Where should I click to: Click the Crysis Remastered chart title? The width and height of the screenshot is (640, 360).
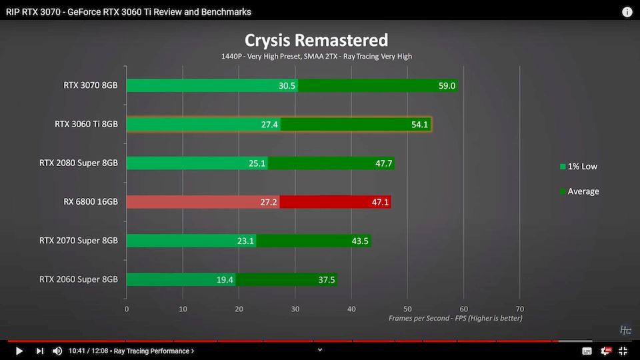tap(316, 41)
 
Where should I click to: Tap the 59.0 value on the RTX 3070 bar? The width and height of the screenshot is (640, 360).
tap(447, 85)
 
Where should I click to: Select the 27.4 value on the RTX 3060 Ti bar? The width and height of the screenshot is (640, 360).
tap(270, 124)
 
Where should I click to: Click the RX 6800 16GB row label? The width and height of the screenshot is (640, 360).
tap(87, 201)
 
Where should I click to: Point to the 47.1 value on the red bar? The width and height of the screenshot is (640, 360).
tap(380, 201)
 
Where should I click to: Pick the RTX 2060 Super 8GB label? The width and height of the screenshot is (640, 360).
tap(79, 279)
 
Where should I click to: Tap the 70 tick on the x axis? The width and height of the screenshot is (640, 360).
tap(520, 309)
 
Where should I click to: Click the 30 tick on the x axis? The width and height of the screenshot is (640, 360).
tap(295, 309)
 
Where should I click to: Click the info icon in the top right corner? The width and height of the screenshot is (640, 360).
tap(627, 12)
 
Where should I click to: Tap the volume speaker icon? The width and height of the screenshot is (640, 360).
tap(57, 351)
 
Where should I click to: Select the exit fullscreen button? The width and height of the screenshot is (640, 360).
tap(623, 351)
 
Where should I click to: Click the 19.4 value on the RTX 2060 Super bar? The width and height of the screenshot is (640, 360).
tap(225, 279)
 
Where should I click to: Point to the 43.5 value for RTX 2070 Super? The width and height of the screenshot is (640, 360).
tap(361, 240)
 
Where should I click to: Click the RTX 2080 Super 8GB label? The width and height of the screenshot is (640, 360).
tap(79, 163)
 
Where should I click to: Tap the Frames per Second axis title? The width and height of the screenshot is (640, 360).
tap(455, 319)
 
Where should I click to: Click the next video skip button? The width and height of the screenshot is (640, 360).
tap(39, 351)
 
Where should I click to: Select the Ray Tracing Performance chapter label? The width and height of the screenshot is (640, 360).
tap(153, 351)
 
